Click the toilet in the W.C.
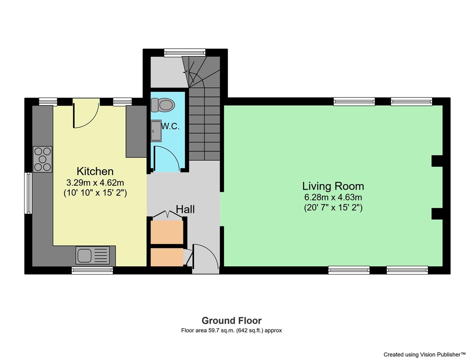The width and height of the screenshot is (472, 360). tap(163, 105)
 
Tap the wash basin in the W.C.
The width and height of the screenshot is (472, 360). tap(156, 131)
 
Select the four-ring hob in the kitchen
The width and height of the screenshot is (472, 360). tap(42, 159)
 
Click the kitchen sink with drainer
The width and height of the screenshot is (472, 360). tap(93, 255)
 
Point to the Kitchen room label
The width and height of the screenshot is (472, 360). tap(95, 171)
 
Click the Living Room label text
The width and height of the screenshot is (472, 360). tap(333, 186)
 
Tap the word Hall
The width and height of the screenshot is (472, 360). tap(185, 209)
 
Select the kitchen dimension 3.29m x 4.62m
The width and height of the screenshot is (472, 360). tap(95, 183)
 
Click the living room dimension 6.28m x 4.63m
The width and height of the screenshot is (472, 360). tap(333, 197)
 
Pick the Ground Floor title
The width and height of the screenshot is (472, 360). tap(231, 321)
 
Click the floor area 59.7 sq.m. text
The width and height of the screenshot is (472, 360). tap(231, 331)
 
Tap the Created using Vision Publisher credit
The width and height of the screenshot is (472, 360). tap(424, 354)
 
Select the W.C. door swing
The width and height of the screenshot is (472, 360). tap(167, 158)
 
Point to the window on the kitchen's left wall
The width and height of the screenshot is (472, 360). tap(28, 193)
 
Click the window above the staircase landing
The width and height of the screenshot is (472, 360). tap(185, 52)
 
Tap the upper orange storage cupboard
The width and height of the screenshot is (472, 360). tap(167, 232)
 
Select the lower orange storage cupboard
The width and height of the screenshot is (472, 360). tap(167, 257)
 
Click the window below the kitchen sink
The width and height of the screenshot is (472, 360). tap(92, 270)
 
